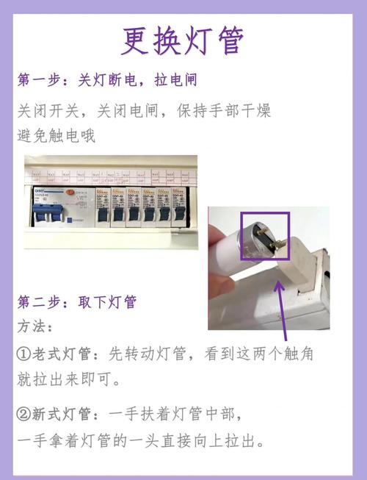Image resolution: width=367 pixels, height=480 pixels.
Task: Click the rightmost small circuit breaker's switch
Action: [179, 215]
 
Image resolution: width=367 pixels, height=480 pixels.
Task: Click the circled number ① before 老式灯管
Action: [23, 354]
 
